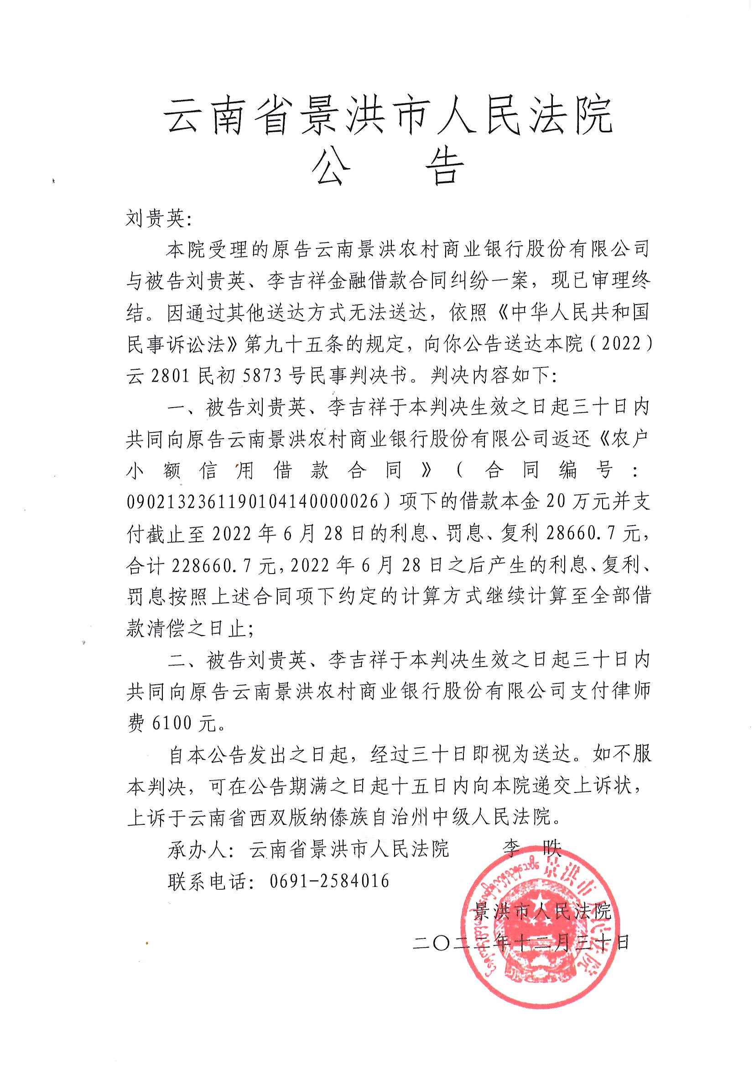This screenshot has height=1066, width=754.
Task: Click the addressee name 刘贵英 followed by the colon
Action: point(158,219)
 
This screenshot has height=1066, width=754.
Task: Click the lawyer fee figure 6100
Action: point(172,723)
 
